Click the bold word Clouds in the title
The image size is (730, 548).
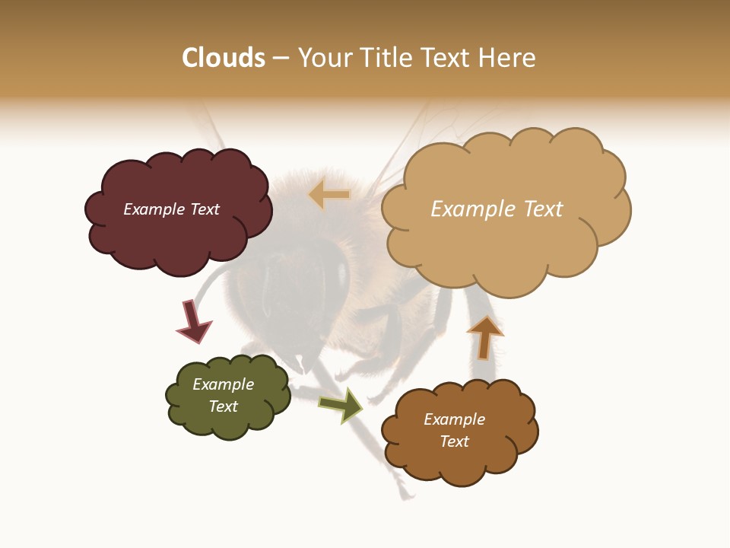(x=224, y=58)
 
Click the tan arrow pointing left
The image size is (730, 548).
(x=329, y=195)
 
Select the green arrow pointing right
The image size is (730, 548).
(x=341, y=405)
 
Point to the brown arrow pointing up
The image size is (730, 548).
(x=484, y=337)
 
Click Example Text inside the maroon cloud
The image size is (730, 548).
(x=171, y=209)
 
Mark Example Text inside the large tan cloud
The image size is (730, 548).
(x=497, y=209)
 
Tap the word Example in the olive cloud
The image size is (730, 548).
(x=223, y=384)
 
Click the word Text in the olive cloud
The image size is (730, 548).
(x=223, y=406)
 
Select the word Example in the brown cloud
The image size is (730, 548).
(x=454, y=419)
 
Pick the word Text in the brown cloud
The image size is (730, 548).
(x=454, y=441)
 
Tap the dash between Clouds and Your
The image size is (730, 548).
(x=281, y=58)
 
